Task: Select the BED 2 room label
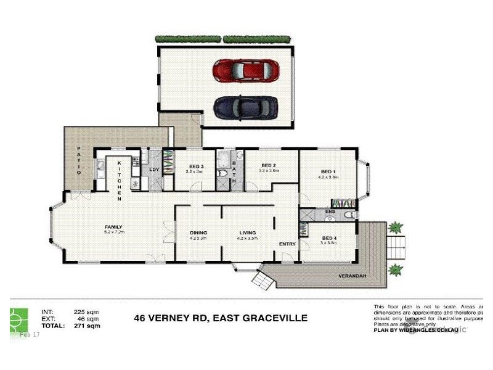click(x=267, y=165)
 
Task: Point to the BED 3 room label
click(x=196, y=166)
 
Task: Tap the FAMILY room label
click(x=113, y=227)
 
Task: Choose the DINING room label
click(x=198, y=232)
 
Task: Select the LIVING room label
click(x=248, y=232)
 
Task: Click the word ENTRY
click(x=287, y=244)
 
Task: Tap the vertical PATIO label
click(x=79, y=161)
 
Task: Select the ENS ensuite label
click(x=329, y=212)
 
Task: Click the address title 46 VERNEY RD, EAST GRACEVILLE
click(x=221, y=318)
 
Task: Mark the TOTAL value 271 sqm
click(x=87, y=325)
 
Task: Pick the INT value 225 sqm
click(x=87, y=312)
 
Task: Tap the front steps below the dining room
click(x=261, y=281)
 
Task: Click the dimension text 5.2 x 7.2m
click(x=113, y=232)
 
